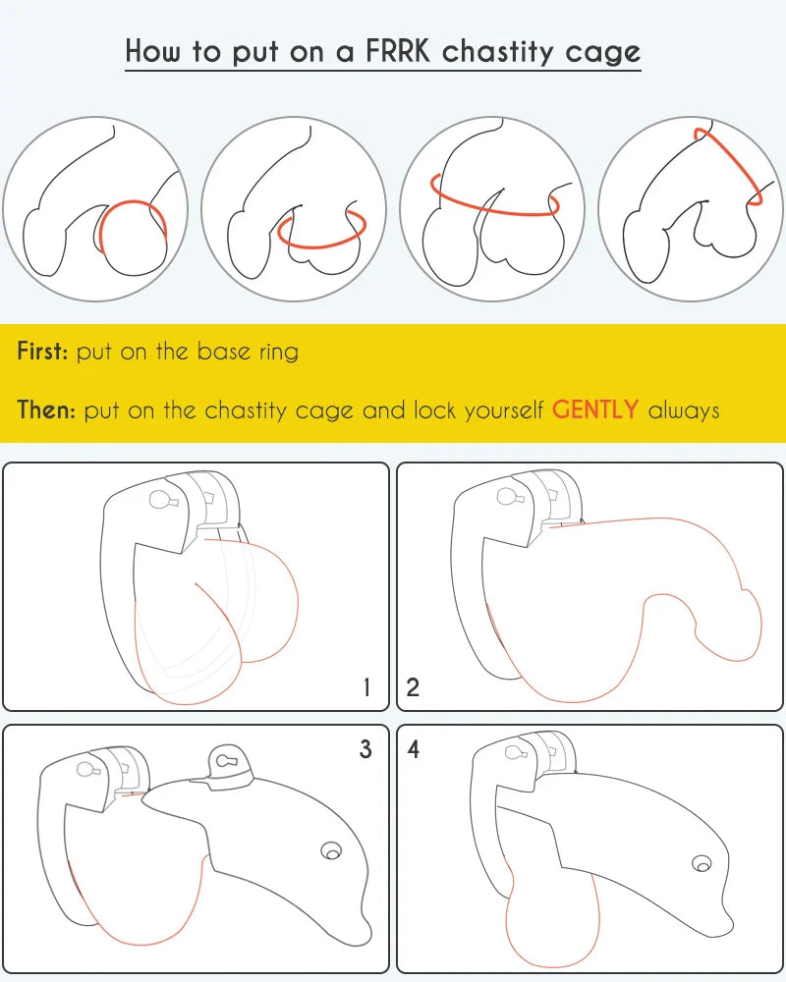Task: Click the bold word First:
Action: (x=42, y=351)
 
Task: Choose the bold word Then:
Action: (x=47, y=409)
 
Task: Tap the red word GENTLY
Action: (x=595, y=409)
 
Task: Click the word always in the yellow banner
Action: (x=684, y=410)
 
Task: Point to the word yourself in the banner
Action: (x=503, y=411)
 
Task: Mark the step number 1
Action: (x=366, y=687)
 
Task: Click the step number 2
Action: (x=413, y=687)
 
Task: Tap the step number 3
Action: (x=365, y=749)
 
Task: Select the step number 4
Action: (x=413, y=749)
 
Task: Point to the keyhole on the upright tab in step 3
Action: (x=224, y=761)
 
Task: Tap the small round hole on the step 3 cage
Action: (x=331, y=851)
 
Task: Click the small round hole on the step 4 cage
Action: (x=702, y=864)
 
